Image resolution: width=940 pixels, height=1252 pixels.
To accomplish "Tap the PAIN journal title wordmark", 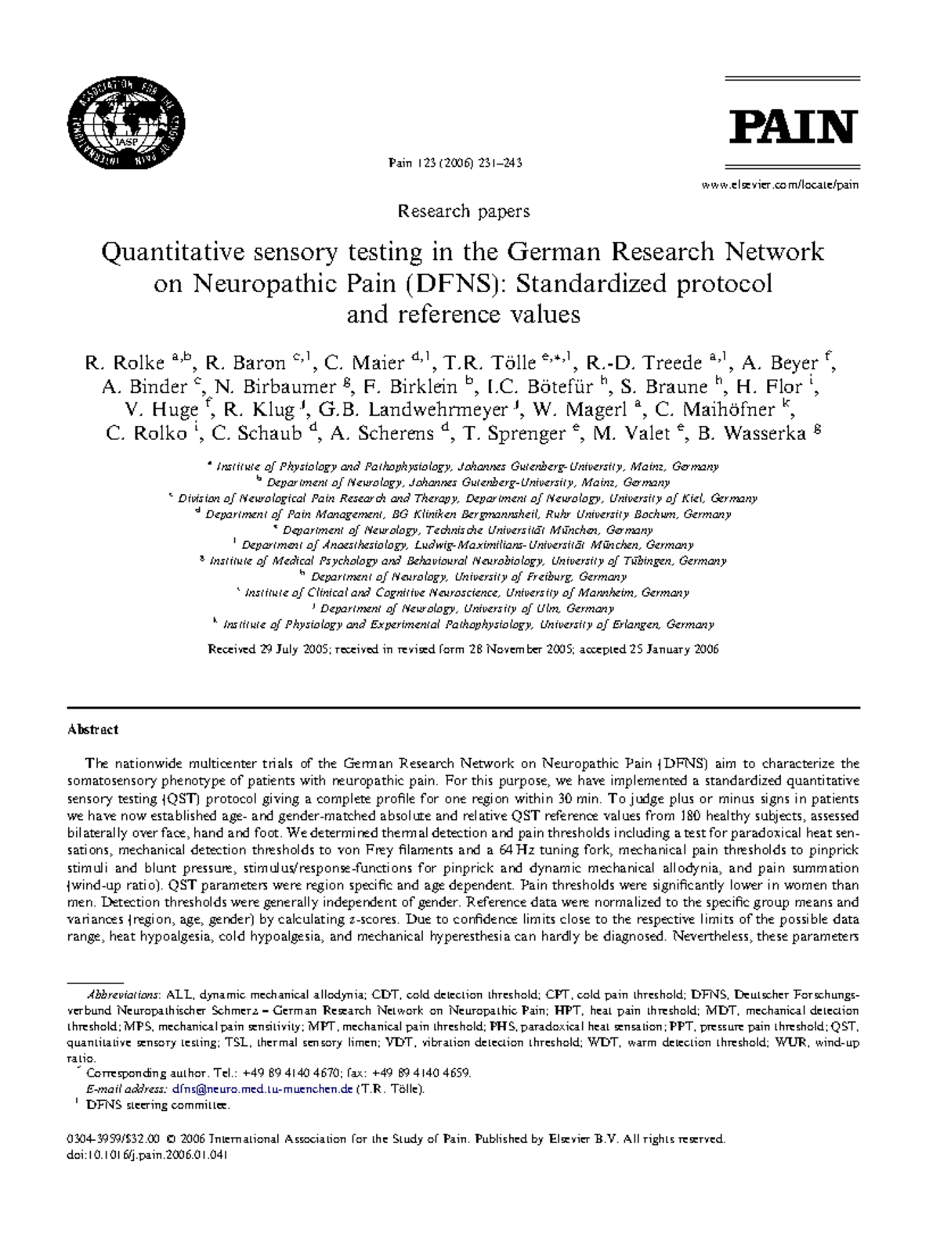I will (793, 127).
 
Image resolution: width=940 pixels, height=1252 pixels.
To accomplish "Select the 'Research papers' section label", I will (464, 211).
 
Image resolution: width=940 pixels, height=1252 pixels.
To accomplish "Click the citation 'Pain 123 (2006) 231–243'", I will (455, 163).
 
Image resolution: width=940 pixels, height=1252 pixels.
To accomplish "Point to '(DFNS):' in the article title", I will (447, 283).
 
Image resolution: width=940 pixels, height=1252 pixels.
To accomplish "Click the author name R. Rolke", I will (124, 363).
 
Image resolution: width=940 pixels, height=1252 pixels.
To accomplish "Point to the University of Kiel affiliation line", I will (467, 498).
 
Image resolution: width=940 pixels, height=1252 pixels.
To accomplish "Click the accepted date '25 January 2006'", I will (674, 649).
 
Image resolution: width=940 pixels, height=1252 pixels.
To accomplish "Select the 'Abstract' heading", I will (92, 729).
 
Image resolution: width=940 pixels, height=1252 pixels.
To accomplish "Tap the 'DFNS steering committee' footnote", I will (157, 1105).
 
